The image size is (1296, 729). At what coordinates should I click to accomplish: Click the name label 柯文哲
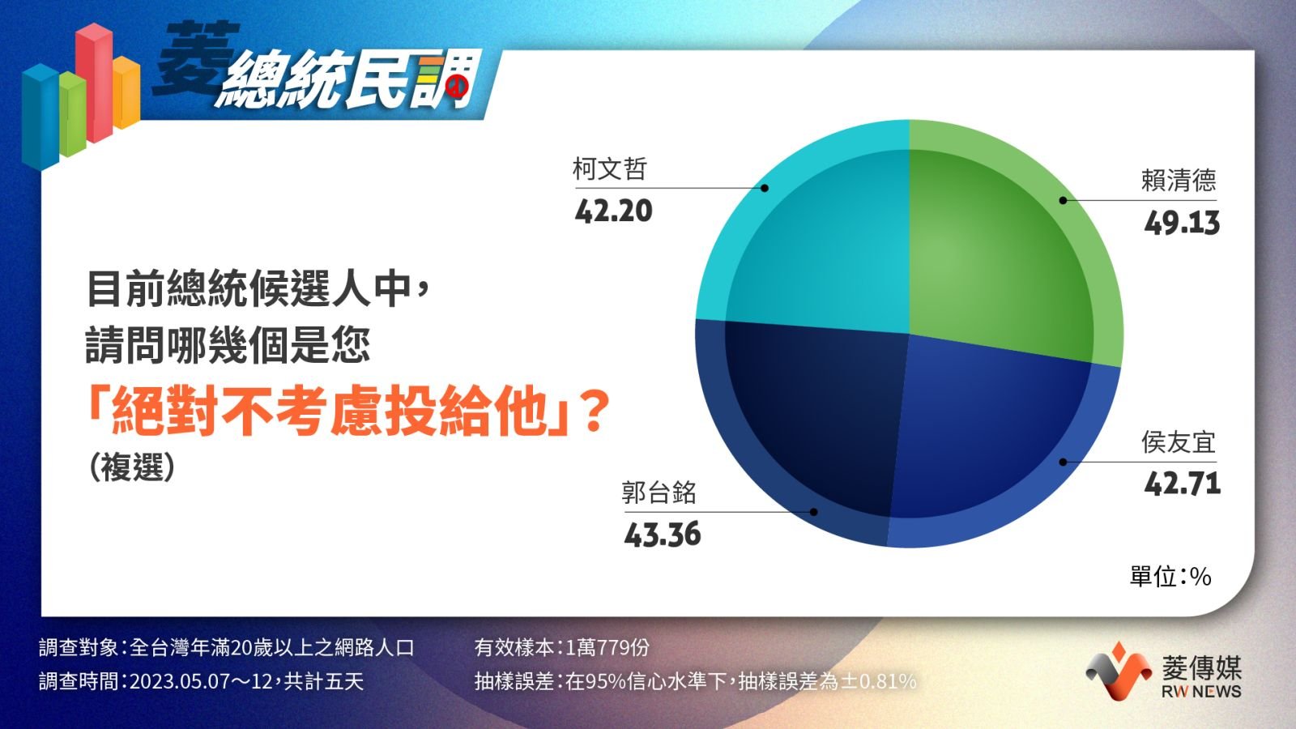coord(609,169)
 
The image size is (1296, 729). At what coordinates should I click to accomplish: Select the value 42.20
coord(613,211)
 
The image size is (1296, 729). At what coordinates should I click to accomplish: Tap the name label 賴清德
coord(1179,181)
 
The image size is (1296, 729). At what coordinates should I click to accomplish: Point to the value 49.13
coord(1182,224)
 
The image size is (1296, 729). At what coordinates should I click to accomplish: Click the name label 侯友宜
coord(1179,442)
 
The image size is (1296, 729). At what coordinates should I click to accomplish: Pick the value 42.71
coord(1183,484)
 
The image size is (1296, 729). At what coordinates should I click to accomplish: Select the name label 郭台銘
coord(659,493)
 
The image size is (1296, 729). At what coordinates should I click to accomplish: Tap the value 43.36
coord(663,534)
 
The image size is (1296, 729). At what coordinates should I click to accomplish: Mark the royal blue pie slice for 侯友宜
coord(995,440)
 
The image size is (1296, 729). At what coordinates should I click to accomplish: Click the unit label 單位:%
coord(1170,577)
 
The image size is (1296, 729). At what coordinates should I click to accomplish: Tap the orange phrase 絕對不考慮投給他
coord(330,412)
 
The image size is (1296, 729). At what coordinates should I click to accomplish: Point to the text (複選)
coord(132,467)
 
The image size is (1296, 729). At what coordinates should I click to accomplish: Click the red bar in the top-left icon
coord(94,82)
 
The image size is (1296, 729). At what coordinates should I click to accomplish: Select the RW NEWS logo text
coord(1201,692)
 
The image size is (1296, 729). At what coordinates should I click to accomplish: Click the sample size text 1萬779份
coord(607,647)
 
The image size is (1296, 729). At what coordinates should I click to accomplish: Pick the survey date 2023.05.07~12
coord(201,681)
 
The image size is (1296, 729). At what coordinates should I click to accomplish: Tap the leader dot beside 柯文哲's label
coord(765,188)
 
